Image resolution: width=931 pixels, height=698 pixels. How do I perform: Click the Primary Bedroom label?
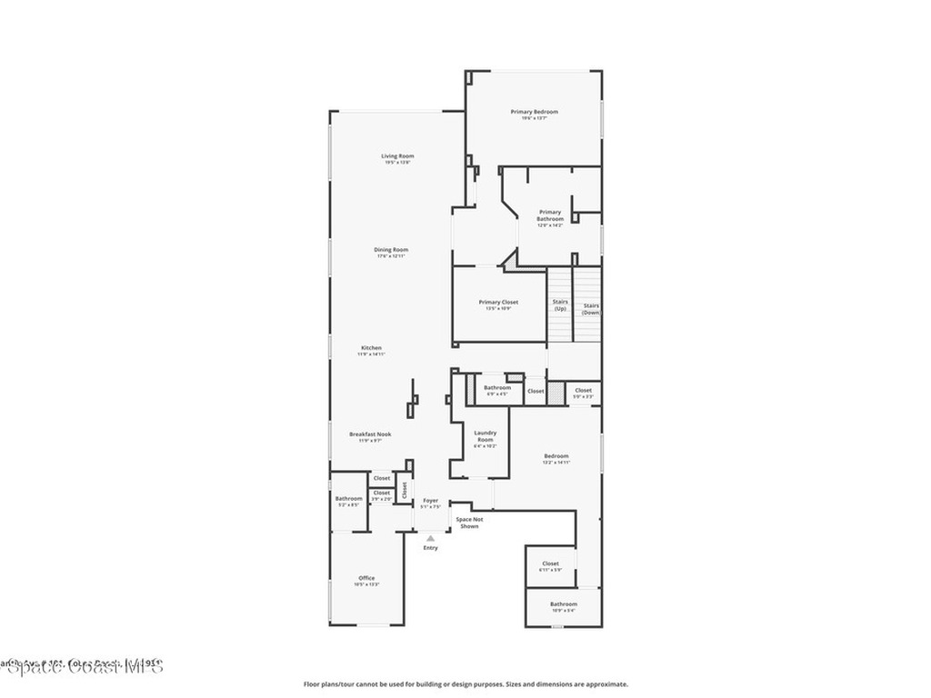(534, 112)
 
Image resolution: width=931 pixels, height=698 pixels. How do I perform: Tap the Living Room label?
(397, 156)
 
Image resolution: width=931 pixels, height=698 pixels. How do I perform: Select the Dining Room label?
(391, 250)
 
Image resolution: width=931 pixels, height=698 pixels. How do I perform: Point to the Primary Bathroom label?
(550, 215)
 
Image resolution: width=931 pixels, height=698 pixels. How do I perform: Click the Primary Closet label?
(498, 303)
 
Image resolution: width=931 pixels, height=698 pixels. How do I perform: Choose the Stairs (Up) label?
(560, 304)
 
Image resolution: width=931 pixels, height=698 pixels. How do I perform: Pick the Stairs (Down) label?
(591, 309)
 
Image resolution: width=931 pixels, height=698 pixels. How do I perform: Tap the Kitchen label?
(371, 348)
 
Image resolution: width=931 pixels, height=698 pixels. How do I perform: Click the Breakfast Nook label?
(371, 434)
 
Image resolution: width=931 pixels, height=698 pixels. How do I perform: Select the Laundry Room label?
(485, 436)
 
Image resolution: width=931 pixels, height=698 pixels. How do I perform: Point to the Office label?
(366, 578)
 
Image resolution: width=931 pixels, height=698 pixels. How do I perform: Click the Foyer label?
(430, 501)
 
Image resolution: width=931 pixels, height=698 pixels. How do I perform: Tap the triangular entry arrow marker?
(430, 538)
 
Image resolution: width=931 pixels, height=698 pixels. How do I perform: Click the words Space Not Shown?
(469, 523)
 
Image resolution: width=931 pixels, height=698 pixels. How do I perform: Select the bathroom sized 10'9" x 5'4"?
(563, 604)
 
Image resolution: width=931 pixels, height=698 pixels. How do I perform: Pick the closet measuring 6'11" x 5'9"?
(551, 563)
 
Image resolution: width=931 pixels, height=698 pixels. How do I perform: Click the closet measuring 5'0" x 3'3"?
(583, 391)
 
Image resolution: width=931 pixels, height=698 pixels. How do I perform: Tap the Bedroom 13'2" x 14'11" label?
(556, 456)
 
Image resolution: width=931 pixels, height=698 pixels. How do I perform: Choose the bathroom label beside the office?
(348, 498)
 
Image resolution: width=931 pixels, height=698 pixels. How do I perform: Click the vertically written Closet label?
(405, 490)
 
